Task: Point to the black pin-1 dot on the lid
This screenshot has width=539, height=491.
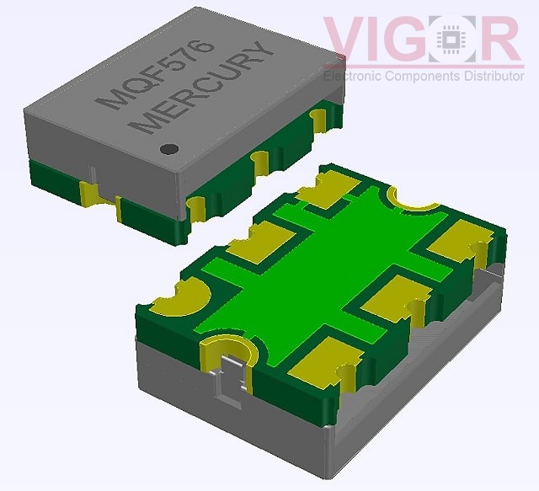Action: coord(168,149)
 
